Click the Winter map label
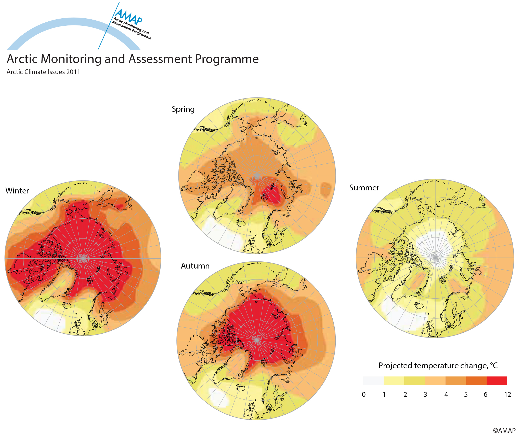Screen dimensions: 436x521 pyautogui.click(x=17, y=191)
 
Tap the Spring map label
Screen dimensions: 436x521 pyautogui.click(x=183, y=109)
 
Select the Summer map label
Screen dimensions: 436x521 pyautogui.click(x=364, y=188)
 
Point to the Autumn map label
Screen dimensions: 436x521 pyautogui.click(x=195, y=266)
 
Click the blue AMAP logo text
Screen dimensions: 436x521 pyautogui.click(x=128, y=16)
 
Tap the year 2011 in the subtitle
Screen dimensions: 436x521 pyautogui.click(x=73, y=72)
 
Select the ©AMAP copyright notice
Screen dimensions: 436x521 pyautogui.click(x=504, y=430)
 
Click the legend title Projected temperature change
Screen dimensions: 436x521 pyautogui.click(x=438, y=365)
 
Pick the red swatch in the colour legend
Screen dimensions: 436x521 pyautogui.click(x=497, y=381)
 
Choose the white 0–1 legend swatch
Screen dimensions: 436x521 pyautogui.click(x=373, y=381)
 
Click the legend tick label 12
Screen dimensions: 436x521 pyautogui.click(x=507, y=395)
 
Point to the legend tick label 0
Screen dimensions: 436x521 pyautogui.click(x=363, y=395)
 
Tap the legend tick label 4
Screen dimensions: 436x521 pyautogui.click(x=446, y=395)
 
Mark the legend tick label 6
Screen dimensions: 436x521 pyautogui.click(x=485, y=395)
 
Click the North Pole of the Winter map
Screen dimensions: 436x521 pyautogui.click(x=83, y=258)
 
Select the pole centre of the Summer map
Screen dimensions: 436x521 pyautogui.click(x=435, y=258)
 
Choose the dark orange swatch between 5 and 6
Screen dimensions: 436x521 pyautogui.click(x=476, y=381)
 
